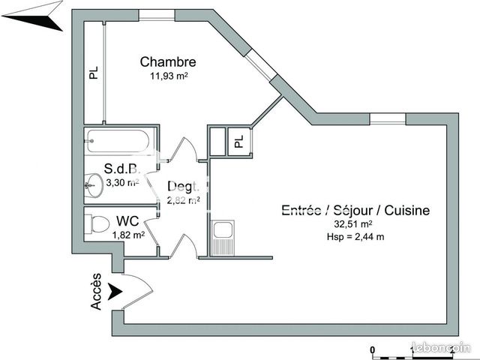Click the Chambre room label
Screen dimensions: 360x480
click(x=168, y=62)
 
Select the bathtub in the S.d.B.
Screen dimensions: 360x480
click(x=121, y=141)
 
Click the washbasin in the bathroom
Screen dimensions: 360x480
click(x=92, y=184)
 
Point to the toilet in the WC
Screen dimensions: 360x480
click(x=95, y=223)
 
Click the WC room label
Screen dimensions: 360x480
click(x=128, y=222)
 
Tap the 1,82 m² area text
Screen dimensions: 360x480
click(x=128, y=235)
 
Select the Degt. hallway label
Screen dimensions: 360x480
click(x=182, y=187)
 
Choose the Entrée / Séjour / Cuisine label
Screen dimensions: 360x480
click(x=355, y=210)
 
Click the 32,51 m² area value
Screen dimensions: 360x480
click(x=354, y=223)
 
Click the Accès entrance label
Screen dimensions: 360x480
click(x=96, y=295)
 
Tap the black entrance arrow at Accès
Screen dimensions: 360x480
click(x=115, y=291)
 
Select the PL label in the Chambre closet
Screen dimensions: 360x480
click(x=94, y=73)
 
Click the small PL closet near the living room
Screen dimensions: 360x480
click(x=238, y=141)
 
